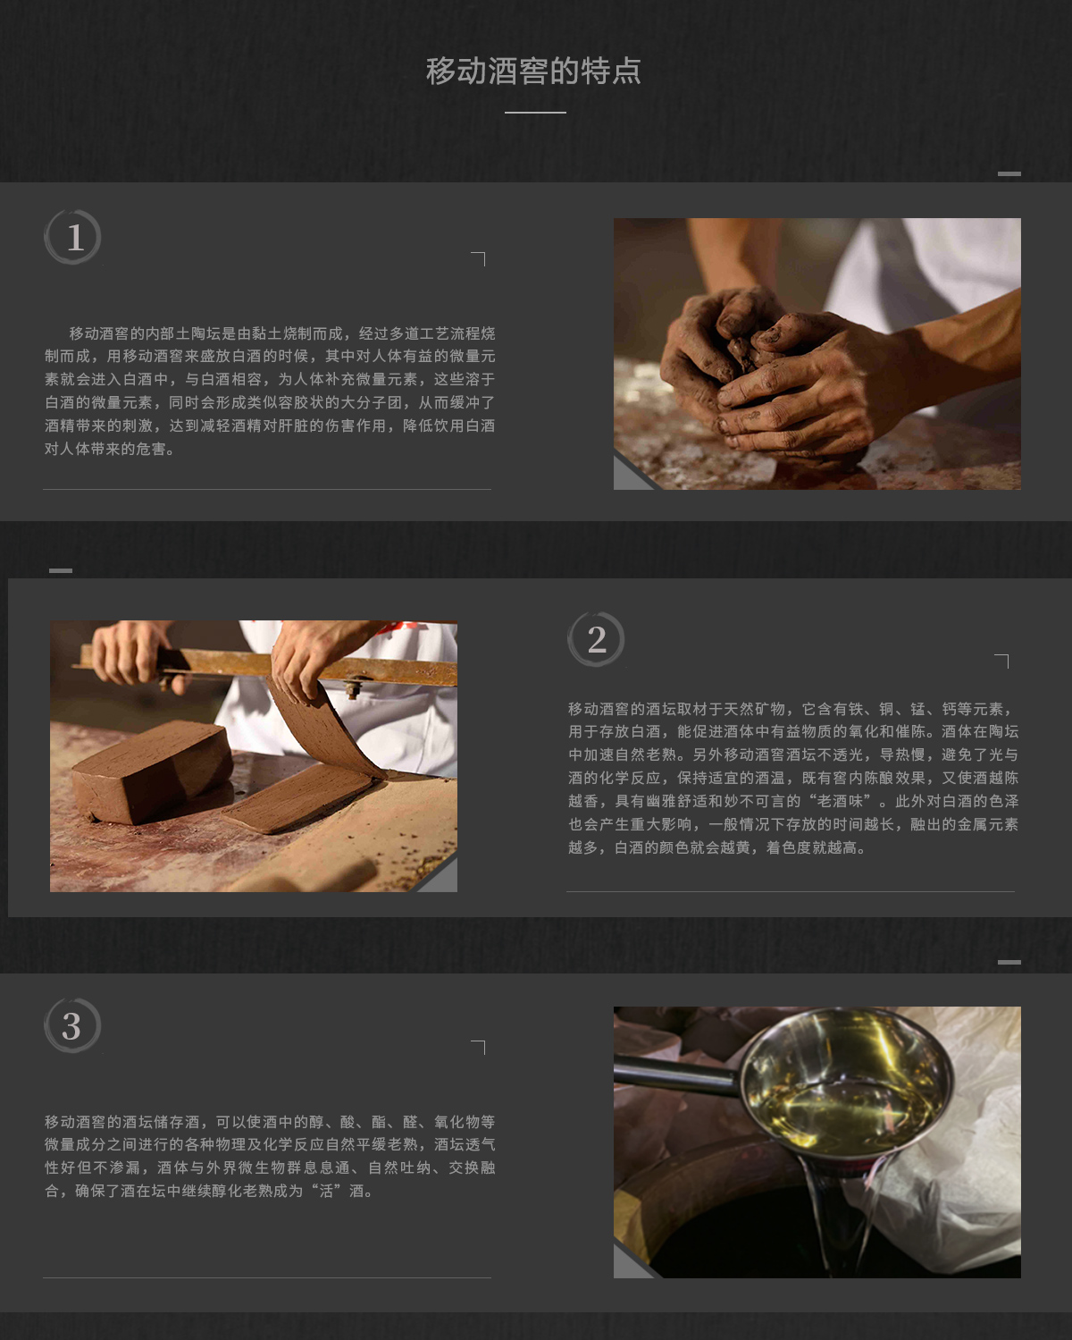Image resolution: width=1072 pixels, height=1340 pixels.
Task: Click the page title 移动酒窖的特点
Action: pyautogui.click(x=533, y=71)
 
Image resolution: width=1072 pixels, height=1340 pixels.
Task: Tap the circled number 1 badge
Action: pyautogui.click(x=72, y=237)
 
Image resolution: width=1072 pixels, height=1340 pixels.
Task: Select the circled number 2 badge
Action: pyautogui.click(x=596, y=639)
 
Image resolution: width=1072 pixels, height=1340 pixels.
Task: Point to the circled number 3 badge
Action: pyautogui.click(x=72, y=1025)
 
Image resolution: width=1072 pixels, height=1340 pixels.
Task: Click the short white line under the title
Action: pyautogui.click(x=535, y=112)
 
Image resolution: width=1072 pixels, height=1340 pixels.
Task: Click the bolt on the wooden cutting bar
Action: pyautogui.click(x=352, y=686)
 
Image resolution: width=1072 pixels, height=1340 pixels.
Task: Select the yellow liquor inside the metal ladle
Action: pyautogui.click(x=843, y=1115)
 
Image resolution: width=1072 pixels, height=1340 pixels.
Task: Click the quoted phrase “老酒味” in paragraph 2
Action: pyautogui.click(x=840, y=801)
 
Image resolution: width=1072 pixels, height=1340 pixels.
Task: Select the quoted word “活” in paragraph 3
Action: pyautogui.click(x=326, y=1192)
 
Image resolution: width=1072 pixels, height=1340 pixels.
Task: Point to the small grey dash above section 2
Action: pyautogui.click(x=61, y=570)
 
